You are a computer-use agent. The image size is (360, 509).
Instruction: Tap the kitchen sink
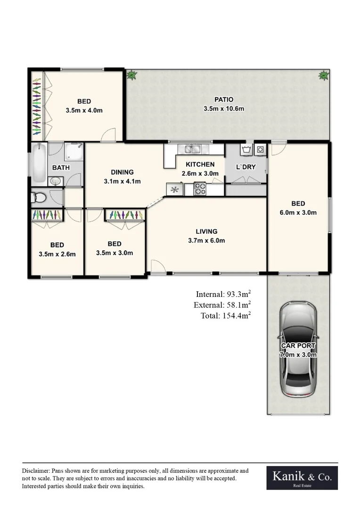point(193,150)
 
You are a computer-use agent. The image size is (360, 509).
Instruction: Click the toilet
point(40,197)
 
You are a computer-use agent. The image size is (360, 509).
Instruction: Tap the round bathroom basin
point(55,181)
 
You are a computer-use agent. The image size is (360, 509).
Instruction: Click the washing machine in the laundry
point(259,150)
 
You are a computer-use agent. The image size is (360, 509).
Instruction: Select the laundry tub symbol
point(245,150)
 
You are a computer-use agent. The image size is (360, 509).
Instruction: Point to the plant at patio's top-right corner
point(324,75)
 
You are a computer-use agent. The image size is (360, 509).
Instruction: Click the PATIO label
point(224,99)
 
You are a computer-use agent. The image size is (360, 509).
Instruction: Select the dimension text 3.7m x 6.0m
point(206,240)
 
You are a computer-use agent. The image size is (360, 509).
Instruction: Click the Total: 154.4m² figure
point(225,316)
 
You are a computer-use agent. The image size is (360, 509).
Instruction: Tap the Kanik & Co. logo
point(302,478)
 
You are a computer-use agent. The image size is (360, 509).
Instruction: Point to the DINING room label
point(122,172)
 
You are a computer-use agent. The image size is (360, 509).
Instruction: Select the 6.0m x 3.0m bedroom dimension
point(298,212)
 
